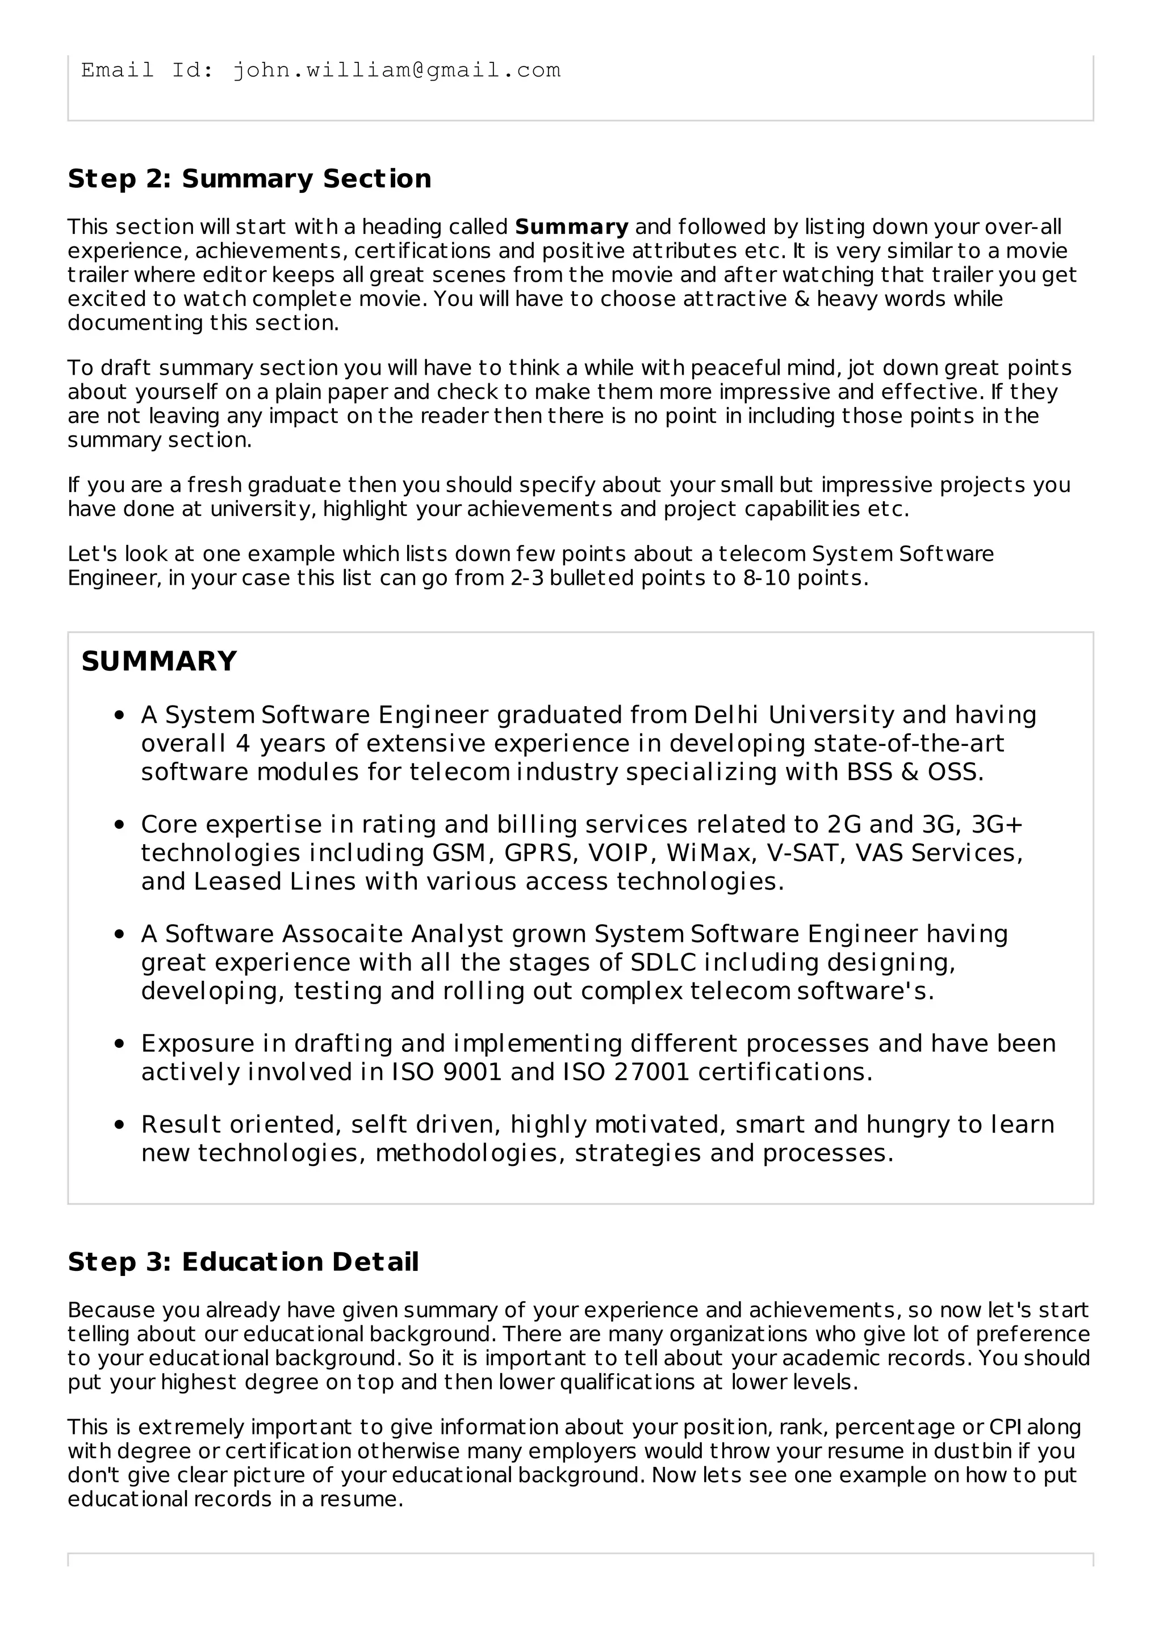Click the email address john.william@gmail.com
(396, 70)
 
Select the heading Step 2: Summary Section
(249, 178)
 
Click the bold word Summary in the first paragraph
(571, 227)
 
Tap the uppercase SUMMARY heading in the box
(159, 661)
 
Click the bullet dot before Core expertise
(120, 825)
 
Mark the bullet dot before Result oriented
(120, 1126)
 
